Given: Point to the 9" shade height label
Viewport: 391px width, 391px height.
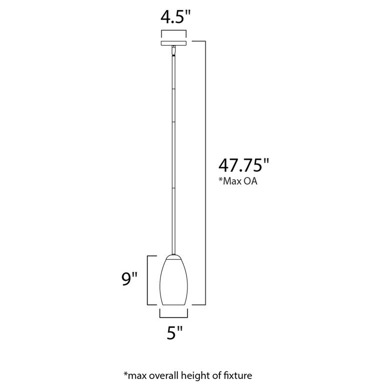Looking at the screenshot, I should [x=130, y=280].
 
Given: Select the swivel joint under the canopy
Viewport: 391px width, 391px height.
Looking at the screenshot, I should [x=174, y=50].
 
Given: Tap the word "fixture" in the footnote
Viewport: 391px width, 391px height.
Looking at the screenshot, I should [x=239, y=375].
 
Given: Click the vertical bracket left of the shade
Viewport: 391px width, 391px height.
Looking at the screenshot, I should [x=149, y=280].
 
